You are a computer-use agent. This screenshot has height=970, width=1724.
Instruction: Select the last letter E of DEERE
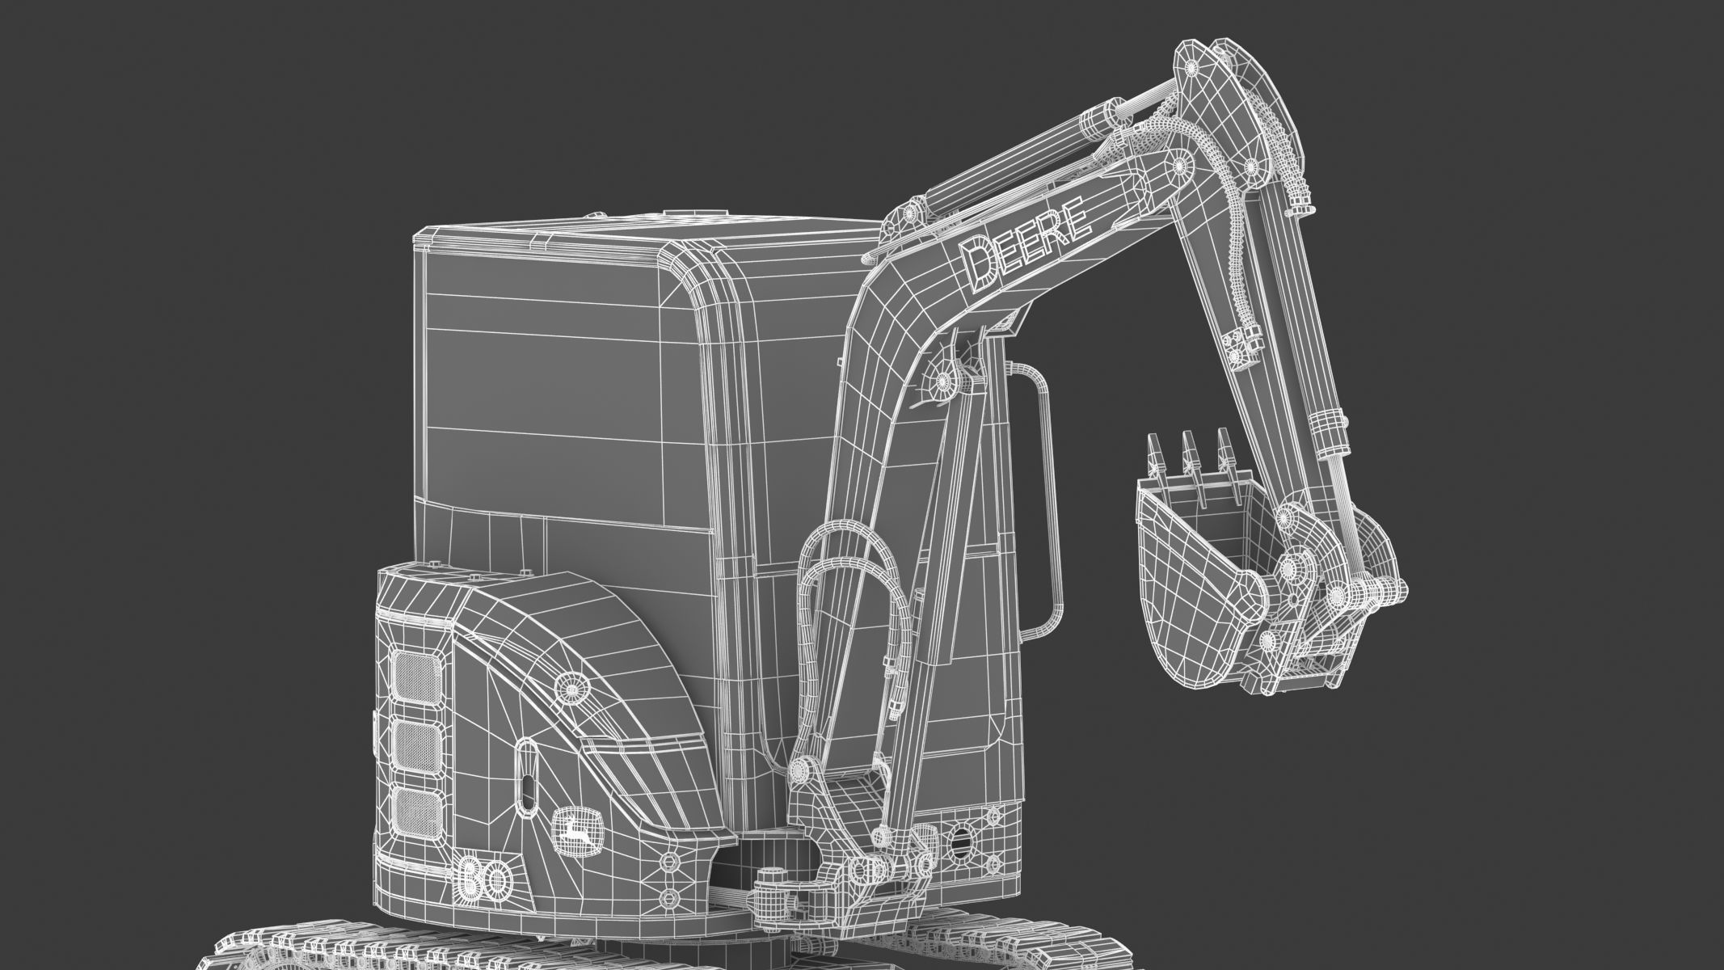pos(1073,224)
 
